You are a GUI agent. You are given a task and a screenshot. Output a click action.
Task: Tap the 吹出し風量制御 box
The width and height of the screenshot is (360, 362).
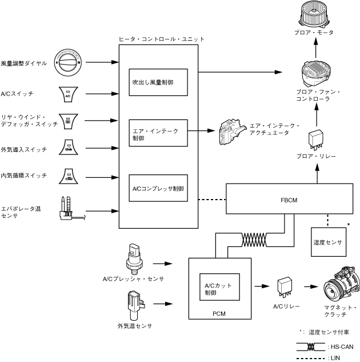(158, 82)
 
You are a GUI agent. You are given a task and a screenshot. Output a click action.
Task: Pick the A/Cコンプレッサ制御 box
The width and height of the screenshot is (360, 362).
(158, 188)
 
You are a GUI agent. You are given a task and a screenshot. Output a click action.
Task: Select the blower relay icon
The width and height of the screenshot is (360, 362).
(316, 139)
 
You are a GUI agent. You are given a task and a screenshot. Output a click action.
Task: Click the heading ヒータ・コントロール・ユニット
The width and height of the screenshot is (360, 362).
(161, 39)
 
